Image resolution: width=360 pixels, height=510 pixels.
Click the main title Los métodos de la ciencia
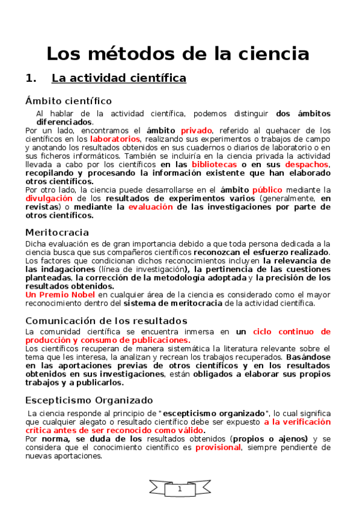[178, 54]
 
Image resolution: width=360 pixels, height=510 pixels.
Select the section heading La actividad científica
[119, 78]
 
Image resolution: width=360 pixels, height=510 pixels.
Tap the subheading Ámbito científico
[69, 100]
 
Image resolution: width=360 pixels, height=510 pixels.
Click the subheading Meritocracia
[57, 232]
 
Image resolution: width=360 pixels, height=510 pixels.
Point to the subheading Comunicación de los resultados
[106, 321]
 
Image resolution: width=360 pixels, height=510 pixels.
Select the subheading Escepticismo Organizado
[89, 400]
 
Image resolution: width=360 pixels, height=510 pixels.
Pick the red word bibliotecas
[214, 164]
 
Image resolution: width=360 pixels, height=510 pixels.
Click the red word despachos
[307, 164]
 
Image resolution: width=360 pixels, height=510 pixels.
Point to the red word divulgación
[46, 198]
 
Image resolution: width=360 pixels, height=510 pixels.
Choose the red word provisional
[218, 447]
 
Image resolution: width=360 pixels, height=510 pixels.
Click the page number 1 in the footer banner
[180, 490]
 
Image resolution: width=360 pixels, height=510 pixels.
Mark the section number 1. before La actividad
[31, 78]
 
